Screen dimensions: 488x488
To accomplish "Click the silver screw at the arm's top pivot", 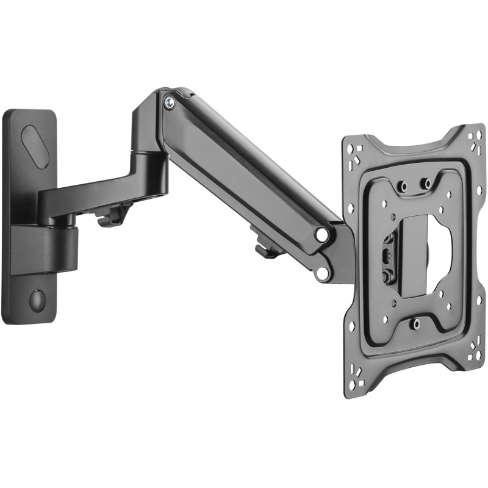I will (170, 102).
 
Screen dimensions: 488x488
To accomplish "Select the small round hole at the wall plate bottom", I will (37, 299).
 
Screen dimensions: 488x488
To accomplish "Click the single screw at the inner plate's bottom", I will (415, 323).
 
